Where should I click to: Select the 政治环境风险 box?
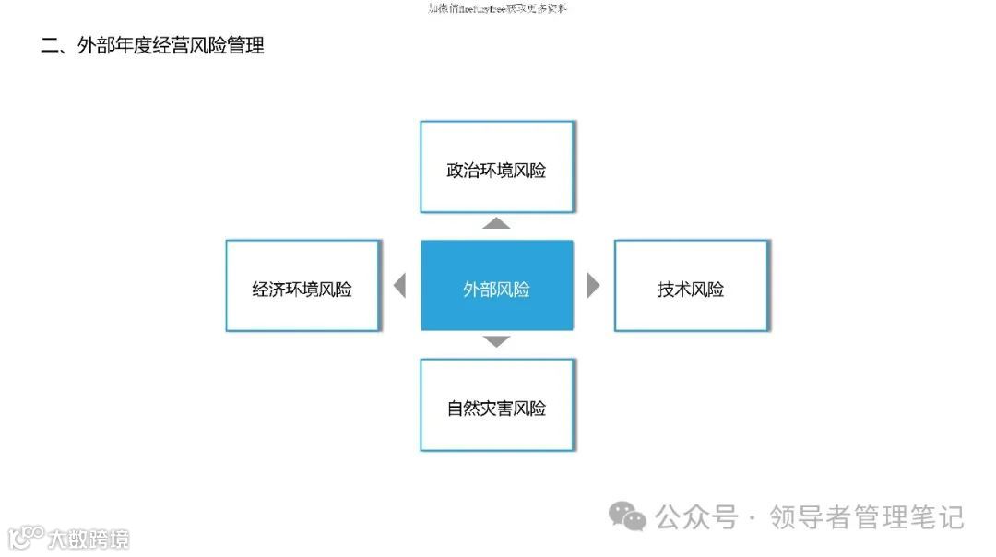pos(496,167)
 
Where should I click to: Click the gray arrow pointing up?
pos(496,223)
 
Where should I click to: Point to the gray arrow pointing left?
pos(399,286)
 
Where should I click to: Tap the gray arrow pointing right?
pos(593,286)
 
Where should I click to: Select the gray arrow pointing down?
pos(496,341)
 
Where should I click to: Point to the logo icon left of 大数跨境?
pos(26,536)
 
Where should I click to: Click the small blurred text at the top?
pos(498,8)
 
